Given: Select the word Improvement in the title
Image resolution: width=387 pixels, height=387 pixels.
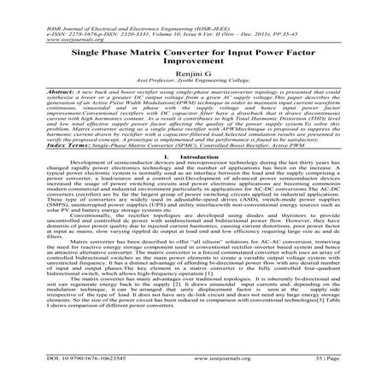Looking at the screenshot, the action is tap(195, 66).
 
